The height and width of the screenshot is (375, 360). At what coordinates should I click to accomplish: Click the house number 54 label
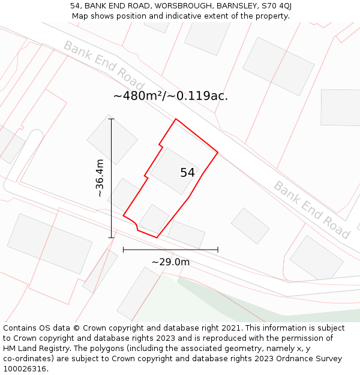click(x=187, y=173)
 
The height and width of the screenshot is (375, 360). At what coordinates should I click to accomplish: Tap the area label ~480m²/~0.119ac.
click(x=170, y=96)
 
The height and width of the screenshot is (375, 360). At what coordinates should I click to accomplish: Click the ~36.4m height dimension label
click(x=100, y=178)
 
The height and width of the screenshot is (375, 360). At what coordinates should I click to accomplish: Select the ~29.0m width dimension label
click(x=170, y=262)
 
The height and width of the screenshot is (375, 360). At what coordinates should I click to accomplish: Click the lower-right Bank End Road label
click(x=311, y=209)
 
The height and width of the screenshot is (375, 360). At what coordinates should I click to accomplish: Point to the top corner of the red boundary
click(x=176, y=119)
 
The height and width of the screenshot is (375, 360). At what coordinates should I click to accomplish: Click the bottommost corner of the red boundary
click(x=157, y=238)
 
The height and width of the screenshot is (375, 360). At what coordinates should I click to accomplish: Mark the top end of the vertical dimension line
click(x=111, y=119)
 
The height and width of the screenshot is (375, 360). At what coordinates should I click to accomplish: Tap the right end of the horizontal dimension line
click(x=218, y=249)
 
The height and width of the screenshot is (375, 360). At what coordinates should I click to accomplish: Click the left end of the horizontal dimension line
click(x=123, y=249)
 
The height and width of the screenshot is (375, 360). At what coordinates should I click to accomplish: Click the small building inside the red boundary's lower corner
click(x=154, y=218)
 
